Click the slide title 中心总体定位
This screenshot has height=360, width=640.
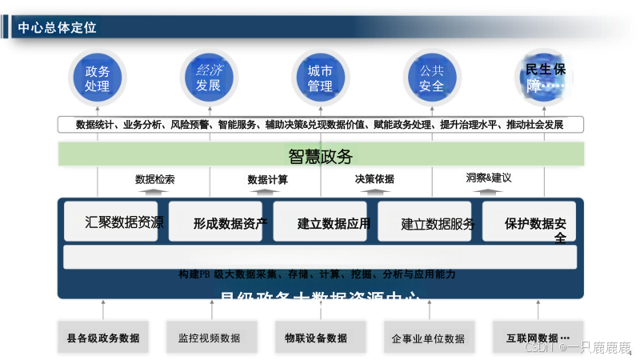(x=57, y=28)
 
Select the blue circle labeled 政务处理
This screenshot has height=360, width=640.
(x=97, y=78)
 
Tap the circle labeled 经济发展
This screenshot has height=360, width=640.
(x=208, y=78)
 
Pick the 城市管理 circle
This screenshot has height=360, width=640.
(x=320, y=78)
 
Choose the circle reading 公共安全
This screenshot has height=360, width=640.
(x=431, y=78)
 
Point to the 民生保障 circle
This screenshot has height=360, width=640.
(x=543, y=78)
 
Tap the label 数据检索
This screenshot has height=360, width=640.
(x=154, y=179)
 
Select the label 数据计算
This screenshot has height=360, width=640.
(x=268, y=179)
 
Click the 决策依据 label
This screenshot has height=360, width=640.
(x=374, y=179)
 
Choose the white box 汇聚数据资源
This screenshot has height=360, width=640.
(x=113, y=222)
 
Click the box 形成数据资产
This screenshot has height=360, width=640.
(x=217, y=222)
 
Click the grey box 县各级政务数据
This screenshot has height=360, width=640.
(x=103, y=338)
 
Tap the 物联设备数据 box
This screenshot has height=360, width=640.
(x=316, y=338)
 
